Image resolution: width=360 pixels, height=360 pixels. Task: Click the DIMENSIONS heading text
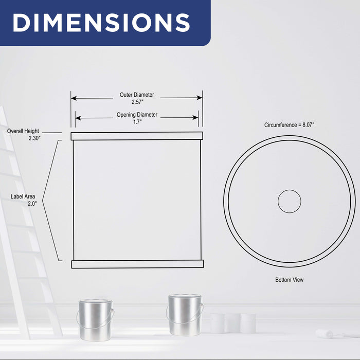click(101, 22)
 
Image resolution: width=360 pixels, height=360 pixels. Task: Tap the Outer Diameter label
click(137, 95)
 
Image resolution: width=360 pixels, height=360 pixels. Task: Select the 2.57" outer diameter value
click(137, 102)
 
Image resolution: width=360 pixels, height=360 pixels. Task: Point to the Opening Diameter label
click(137, 115)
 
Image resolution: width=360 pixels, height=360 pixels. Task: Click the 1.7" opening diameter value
click(137, 122)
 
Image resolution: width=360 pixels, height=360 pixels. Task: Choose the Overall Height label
click(23, 131)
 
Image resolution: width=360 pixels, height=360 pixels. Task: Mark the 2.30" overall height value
click(34, 138)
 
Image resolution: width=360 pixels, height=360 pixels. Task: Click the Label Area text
click(23, 196)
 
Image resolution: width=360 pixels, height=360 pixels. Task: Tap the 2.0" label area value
click(32, 204)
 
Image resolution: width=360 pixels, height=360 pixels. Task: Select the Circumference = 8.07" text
click(289, 125)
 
